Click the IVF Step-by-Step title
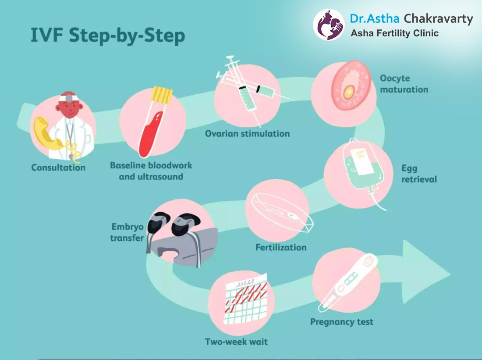(x=107, y=36)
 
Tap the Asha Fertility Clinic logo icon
(x=329, y=25)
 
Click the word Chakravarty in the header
(x=438, y=19)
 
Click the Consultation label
(x=58, y=168)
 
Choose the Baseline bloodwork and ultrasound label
(x=151, y=171)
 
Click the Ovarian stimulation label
(x=247, y=133)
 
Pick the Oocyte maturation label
(x=404, y=84)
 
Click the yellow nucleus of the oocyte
(x=348, y=92)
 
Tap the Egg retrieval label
(x=419, y=174)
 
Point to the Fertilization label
(x=281, y=247)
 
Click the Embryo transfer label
(x=127, y=232)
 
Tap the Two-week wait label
(x=236, y=342)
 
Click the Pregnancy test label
(x=342, y=322)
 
